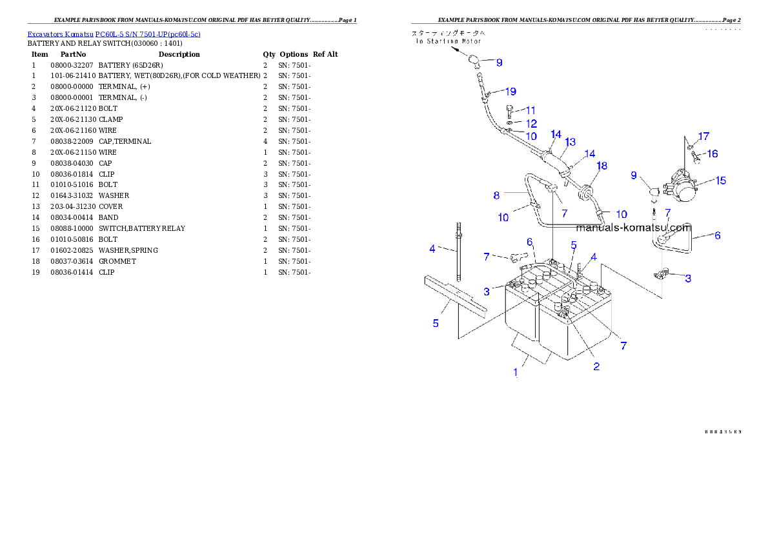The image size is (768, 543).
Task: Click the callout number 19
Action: tap(510, 91)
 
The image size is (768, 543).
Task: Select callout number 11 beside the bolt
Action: tap(530, 110)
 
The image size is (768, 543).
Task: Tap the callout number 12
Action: tap(531, 123)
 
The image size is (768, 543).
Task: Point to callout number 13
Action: tap(570, 142)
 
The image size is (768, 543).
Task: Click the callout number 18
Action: tap(601, 166)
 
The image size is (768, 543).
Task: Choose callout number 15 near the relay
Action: tap(720, 181)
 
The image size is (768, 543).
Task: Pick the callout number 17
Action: tap(703, 136)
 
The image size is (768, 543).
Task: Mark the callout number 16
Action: tap(712, 153)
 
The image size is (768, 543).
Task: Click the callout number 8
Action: tap(496, 195)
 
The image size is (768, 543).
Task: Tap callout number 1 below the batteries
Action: tap(515, 372)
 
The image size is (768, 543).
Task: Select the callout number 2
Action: tap(596, 366)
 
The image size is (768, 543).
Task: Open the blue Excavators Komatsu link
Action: tap(114, 34)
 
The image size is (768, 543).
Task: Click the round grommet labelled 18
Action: tap(587, 192)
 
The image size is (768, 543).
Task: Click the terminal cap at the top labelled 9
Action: tap(476, 62)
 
